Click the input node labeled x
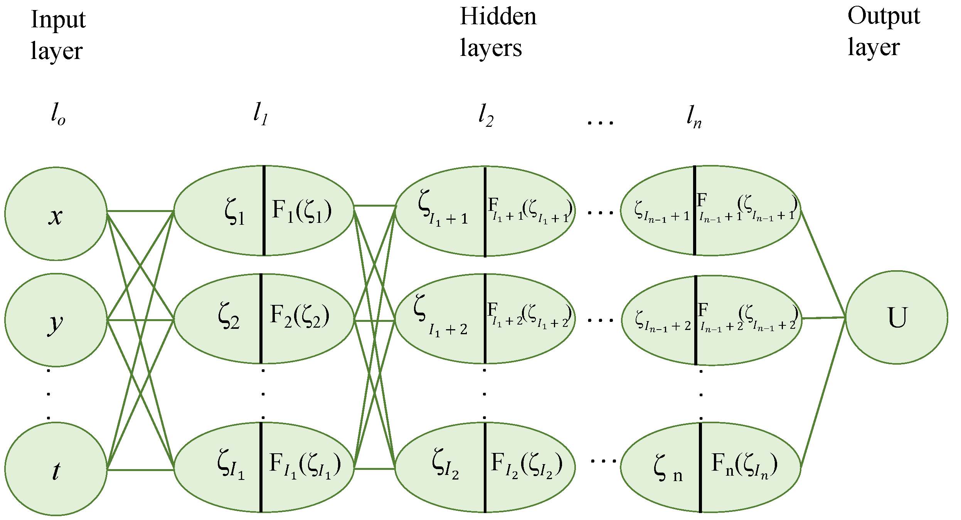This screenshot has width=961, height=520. pos(56,214)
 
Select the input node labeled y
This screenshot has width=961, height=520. pos(56,320)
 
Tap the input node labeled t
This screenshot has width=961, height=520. pos(56,469)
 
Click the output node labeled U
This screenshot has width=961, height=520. pos(896,317)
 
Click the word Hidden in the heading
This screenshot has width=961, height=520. pos(498,17)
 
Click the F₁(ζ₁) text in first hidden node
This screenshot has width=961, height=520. pos(301,211)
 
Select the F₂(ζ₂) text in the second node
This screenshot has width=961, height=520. pos(300,316)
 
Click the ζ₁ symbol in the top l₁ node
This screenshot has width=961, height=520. pos(234,212)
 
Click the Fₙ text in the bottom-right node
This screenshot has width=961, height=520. pos(744,464)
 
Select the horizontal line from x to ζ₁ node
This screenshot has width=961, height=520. pos(140,211)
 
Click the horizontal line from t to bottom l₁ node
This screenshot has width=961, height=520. pos(140,470)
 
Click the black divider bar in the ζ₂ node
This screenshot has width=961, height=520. pos(261,318)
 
